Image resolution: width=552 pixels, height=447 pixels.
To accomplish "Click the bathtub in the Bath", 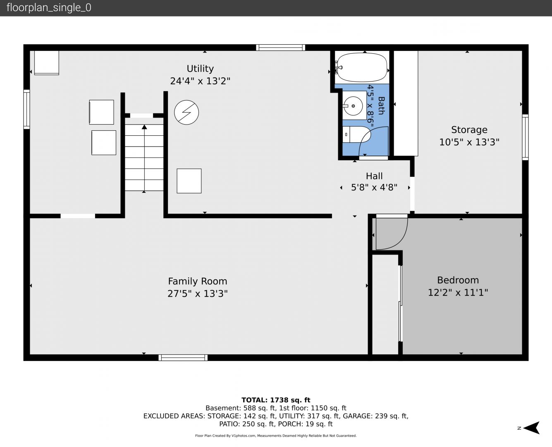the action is coord(362,67).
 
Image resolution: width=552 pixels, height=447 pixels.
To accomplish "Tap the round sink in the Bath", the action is coord(353,106).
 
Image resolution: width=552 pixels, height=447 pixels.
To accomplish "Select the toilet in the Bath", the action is coord(356,135).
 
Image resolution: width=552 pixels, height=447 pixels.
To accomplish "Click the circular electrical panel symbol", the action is coord(186,112).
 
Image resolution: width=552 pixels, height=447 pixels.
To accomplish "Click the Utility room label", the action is coord(200,68).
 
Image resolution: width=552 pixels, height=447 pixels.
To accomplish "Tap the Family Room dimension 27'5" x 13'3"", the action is coord(198,294).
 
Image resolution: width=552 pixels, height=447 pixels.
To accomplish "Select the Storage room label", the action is coord(469,130).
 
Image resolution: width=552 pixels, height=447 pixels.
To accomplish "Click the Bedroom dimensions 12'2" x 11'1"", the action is coord(458,292).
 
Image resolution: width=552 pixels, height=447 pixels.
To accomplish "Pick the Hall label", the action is coord(374,176).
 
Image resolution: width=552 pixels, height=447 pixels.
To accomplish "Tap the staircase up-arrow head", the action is coord(144,127).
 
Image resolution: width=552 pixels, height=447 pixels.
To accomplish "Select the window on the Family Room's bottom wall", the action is coord(183,358).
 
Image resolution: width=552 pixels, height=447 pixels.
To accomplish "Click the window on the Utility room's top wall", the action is coord(280,48).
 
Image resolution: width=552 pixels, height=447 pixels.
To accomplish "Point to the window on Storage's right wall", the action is coord(525,137).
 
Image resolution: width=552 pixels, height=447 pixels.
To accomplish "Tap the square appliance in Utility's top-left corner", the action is coord(47,63).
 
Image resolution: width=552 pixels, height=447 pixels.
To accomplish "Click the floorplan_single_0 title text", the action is coord(49,8).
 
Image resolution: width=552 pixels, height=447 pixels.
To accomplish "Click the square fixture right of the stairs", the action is coord(189,181).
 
